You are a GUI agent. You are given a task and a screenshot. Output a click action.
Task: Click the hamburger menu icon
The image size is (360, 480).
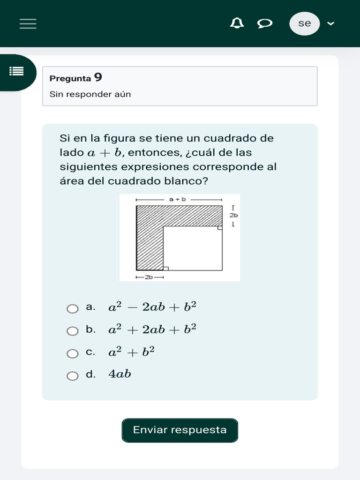[x=28, y=23]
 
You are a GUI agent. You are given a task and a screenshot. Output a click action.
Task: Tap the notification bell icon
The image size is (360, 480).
[x=237, y=23]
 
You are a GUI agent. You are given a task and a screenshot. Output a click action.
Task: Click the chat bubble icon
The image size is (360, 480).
[x=265, y=23]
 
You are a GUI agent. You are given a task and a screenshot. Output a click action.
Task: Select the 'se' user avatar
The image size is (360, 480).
[x=305, y=23]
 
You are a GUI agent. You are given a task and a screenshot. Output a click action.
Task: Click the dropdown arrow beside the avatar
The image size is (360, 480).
[x=330, y=23]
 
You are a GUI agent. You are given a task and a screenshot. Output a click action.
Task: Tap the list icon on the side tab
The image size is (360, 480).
[x=17, y=71]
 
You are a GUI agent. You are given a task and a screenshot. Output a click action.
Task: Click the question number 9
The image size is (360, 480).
[x=98, y=77]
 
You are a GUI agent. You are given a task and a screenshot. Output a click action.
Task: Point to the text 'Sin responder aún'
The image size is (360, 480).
[x=90, y=94]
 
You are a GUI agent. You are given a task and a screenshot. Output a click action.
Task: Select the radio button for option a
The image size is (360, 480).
[x=73, y=308]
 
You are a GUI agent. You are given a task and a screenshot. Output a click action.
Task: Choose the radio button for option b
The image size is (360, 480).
[x=73, y=331]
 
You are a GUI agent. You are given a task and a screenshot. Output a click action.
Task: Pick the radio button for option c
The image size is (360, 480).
[x=73, y=353]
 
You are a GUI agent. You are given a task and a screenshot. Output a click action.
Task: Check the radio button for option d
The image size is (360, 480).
[x=73, y=376]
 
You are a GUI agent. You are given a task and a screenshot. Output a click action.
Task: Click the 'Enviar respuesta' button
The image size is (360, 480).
[x=180, y=430]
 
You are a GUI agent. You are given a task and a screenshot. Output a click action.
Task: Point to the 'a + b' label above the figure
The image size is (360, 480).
[x=178, y=199]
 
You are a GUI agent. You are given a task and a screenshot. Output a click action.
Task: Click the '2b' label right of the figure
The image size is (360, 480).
[x=233, y=215]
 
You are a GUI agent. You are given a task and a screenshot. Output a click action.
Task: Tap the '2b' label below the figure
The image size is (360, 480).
[x=149, y=277]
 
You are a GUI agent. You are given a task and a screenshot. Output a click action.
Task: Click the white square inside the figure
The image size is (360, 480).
[x=192, y=248]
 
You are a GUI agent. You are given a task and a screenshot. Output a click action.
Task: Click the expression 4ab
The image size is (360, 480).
[x=120, y=374]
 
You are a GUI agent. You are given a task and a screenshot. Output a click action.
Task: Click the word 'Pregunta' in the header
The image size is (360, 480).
[x=70, y=79]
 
